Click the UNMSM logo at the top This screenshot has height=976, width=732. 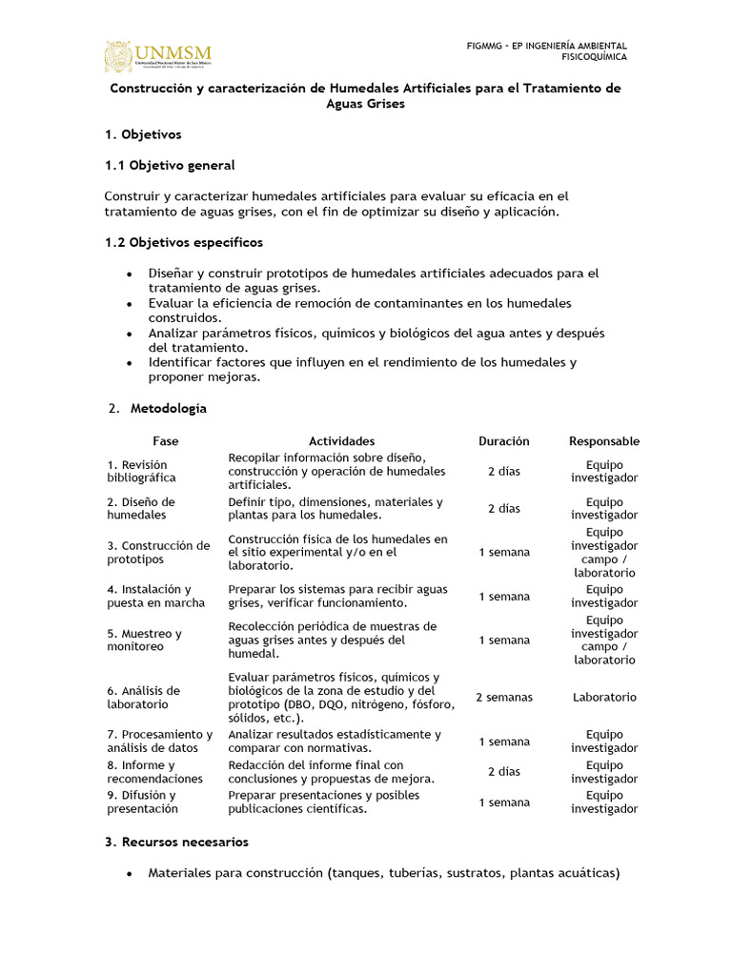point(158,56)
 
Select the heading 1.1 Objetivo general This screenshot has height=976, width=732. point(169,165)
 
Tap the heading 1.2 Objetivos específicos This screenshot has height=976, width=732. point(183,242)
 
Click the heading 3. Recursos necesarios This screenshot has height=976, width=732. point(176,842)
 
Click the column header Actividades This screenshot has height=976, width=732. point(341,441)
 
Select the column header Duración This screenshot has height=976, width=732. point(503,441)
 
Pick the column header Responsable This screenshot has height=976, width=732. point(604,441)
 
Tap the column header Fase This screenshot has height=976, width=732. point(165,441)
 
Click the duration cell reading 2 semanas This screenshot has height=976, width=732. point(503,698)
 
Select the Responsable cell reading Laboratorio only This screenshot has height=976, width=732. point(604,698)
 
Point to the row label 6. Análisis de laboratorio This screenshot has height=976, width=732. point(143,697)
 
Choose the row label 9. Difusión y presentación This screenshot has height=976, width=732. point(142,802)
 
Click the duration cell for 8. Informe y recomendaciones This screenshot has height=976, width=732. point(503,772)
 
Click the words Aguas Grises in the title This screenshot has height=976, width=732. point(365,104)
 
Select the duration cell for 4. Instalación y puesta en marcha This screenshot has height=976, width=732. point(503,597)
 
